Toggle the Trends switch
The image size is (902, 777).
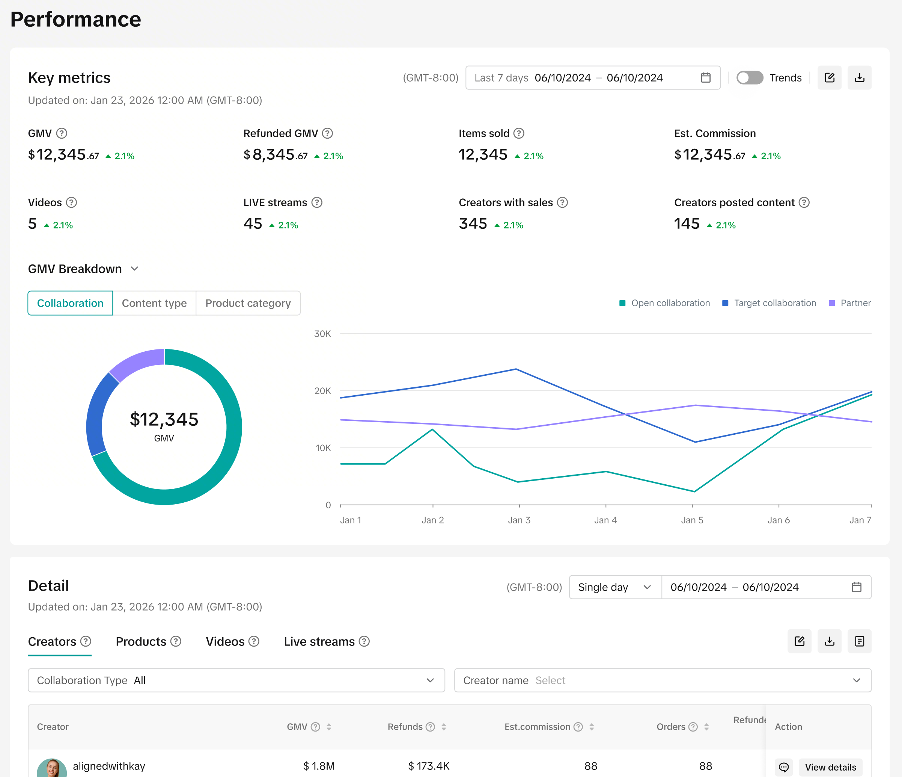click(x=750, y=77)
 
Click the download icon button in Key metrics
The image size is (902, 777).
click(x=859, y=77)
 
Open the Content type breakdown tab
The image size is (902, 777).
click(x=154, y=303)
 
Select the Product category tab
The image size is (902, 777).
click(x=248, y=303)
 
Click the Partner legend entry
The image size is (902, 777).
click(x=850, y=303)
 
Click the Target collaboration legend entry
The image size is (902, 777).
click(x=769, y=303)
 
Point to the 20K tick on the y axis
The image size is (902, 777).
click(x=322, y=391)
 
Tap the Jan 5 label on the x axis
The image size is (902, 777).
click(x=692, y=520)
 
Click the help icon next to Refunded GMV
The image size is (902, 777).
click(x=327, y=133)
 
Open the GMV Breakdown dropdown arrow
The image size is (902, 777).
click(x=134, y=269)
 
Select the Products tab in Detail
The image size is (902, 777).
click(x=148, y=641)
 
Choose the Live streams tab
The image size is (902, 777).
click(x=327, y=641)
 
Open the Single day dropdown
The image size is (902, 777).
click(x=615, y=587)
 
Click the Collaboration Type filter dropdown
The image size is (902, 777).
click(x=236, y=680)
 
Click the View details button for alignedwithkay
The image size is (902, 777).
click(x=831, y=767)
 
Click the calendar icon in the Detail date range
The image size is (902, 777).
click(x=856, y=587)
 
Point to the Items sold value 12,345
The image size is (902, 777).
click(x=483, y=155)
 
